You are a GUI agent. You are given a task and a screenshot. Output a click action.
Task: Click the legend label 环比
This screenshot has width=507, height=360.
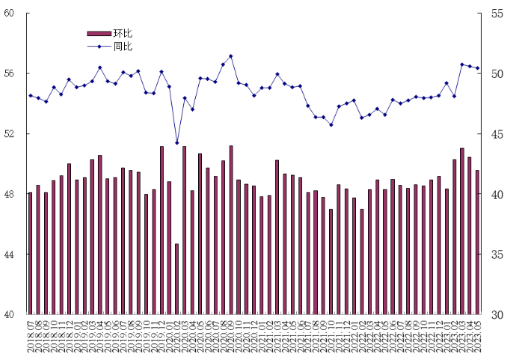click(123, 34)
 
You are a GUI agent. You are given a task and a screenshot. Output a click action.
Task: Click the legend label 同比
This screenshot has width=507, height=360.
click(123, 46)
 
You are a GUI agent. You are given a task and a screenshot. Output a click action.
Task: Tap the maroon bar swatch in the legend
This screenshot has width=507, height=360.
click(99, 34)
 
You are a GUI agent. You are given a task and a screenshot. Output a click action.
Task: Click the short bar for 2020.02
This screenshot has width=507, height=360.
click(177, 278)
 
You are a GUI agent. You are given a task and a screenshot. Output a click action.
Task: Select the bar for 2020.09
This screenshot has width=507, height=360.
click(231, 230)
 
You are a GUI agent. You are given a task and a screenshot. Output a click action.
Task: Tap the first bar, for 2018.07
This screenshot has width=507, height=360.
click(30, 253)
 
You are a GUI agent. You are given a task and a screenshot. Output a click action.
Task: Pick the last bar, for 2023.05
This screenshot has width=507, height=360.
click(477, 242)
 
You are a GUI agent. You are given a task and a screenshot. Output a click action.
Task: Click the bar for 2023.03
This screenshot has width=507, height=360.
click(462, 231)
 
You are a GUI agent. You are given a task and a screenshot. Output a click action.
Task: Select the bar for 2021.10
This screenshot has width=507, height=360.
click(331, 261)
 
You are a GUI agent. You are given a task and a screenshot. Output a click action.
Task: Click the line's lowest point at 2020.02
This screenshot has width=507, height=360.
click(177, 143)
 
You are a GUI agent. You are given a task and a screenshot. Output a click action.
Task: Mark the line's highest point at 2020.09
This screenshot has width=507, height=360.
click(231, 56)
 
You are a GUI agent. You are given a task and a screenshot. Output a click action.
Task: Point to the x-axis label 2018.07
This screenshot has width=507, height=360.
click(31, 336)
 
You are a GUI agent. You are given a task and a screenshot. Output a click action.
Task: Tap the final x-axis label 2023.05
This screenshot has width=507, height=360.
click(478, 336)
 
